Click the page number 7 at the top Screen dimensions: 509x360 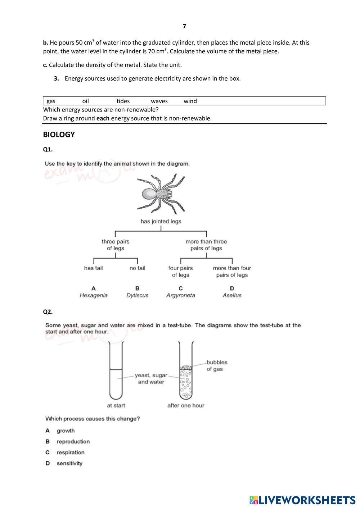(x=184, y=26)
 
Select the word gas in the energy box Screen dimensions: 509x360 (x=51, y=101)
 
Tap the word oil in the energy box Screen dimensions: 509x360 (x=85, y=101)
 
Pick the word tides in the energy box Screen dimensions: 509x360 (x=123, y=101)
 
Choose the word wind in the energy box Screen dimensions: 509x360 (x=190, y=101)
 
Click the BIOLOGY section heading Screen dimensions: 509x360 (x=59, y=135)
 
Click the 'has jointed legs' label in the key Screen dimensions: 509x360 (x=161, y=221)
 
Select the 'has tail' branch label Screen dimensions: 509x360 (x=93, y=268)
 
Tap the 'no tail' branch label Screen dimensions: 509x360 (x=137, y=268)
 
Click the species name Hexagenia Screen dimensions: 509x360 (x=93, y=295)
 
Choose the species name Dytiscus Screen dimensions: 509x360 (x=137, y=295)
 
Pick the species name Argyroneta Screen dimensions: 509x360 (x=181, y=295)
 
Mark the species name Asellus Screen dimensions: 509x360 (x=232, y=295)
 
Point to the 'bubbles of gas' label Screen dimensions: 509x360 (x=217, y=365)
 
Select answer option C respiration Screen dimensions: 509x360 (x=70, y=453)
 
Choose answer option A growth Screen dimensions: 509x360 (x=66, y=431)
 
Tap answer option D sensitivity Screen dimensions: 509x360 (x=69, y=463)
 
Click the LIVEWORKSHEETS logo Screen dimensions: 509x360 (x=302, y=500)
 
